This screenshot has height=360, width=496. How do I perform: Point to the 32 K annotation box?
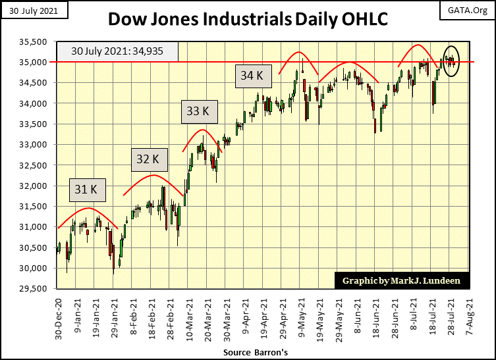(x=147, y=159)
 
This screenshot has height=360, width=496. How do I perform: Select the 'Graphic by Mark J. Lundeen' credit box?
(x=401, y=281)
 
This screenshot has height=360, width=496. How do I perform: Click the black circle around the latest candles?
(x=451, y=61)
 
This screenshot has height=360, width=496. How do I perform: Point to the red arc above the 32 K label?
(x=153, y=175)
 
